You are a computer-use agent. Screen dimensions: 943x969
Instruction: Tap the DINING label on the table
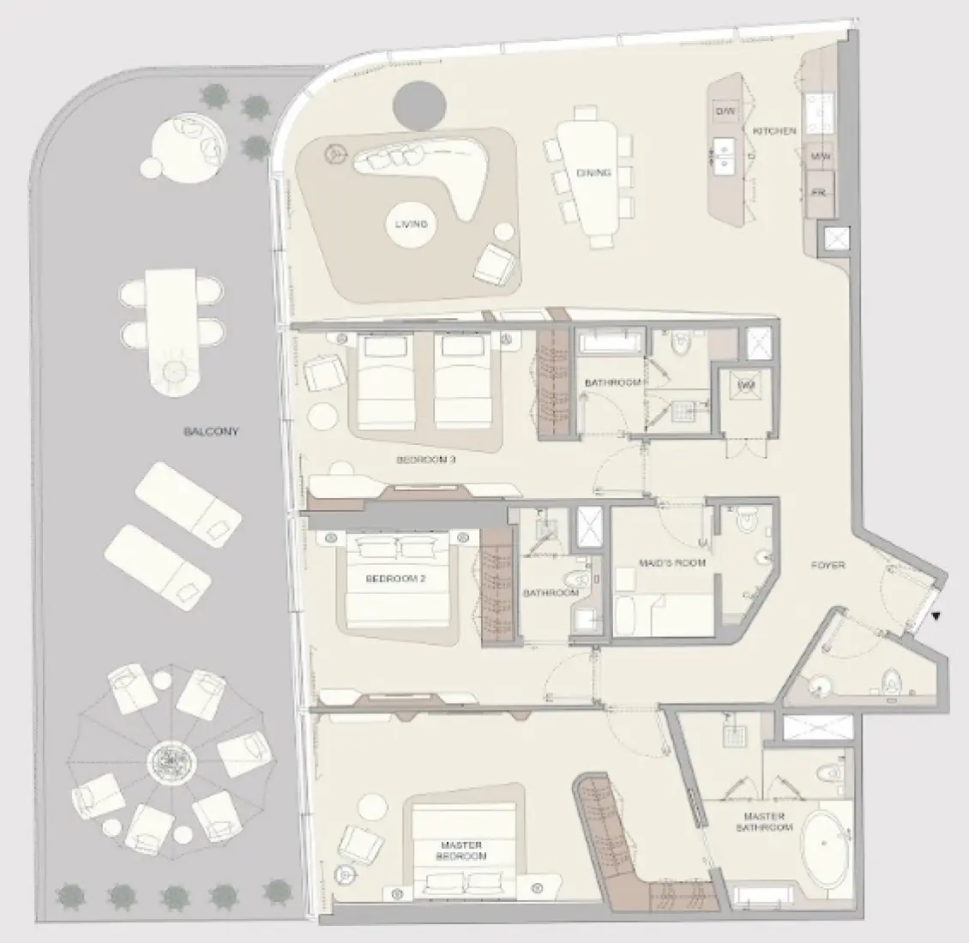pyautogui.click(x=593, y=173)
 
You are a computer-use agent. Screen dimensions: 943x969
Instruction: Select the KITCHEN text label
pyautogui.click(x=774, y=131)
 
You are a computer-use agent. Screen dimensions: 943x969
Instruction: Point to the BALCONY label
pyautogui.click(x=211, y=432)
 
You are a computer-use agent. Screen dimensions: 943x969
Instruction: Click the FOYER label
pyautogui.click(x=828, y=566)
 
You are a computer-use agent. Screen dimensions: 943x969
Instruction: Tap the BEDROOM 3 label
pyautogui.click(x=425, y=460)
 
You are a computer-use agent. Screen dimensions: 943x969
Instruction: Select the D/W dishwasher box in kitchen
pyautogui.click(x=725, y=111)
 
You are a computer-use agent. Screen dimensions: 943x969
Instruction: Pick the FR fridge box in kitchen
pyautogui.click(x=819, y=194)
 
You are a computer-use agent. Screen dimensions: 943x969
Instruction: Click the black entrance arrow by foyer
pyautogui.click(x=936, y=616)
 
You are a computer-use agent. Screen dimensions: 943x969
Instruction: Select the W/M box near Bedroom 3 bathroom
pyautogui.click(x=745, y=387)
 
